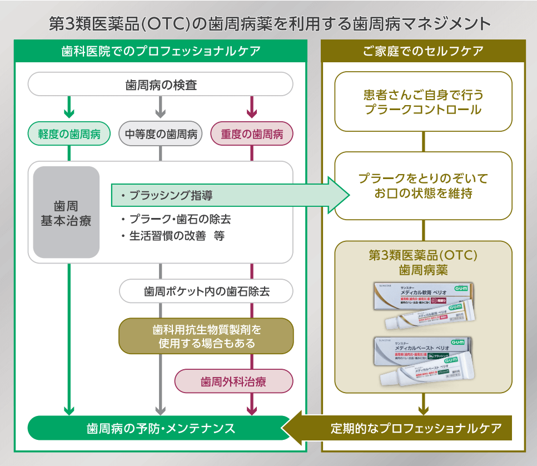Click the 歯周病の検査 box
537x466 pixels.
tap(161, 86)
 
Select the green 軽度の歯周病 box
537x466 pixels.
tap(69, 134)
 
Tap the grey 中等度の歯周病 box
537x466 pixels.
tap(161, 134)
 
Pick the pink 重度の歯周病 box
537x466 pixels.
tap(252, 134)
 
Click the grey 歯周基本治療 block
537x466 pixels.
tap(66, 212)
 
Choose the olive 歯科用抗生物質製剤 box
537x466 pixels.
tap(206, 336)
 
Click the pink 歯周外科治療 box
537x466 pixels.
tap(233, 381)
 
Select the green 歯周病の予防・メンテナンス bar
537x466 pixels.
tap(160, 428)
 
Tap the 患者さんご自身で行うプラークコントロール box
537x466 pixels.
tap(423, 102)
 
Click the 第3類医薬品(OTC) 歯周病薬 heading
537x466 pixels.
tap(423, 262)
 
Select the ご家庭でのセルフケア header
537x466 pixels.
tap(423, 51)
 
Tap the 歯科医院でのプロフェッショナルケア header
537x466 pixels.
tap(161, 51)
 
